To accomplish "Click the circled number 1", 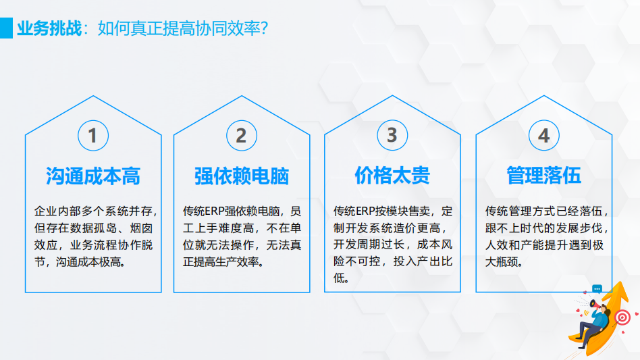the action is [93, 136].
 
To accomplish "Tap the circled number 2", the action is [242, 136].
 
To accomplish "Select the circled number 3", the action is [392, 135].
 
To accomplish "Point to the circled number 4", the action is [543, 135].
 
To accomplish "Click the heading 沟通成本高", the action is [93, 176].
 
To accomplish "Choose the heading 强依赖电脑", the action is [242, 176].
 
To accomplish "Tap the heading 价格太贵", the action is [392, 176].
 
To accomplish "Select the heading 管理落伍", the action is [543, 176].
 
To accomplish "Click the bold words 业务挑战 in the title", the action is [49, 28].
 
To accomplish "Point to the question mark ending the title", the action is [264, 28].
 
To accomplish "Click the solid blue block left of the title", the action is [6, 28].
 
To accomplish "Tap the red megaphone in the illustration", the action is [595, 305].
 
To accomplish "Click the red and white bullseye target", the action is [622, 317].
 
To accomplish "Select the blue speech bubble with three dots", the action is [597, 289].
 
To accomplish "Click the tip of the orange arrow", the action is [622, 281].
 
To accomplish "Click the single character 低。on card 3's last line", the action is [341, 278].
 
